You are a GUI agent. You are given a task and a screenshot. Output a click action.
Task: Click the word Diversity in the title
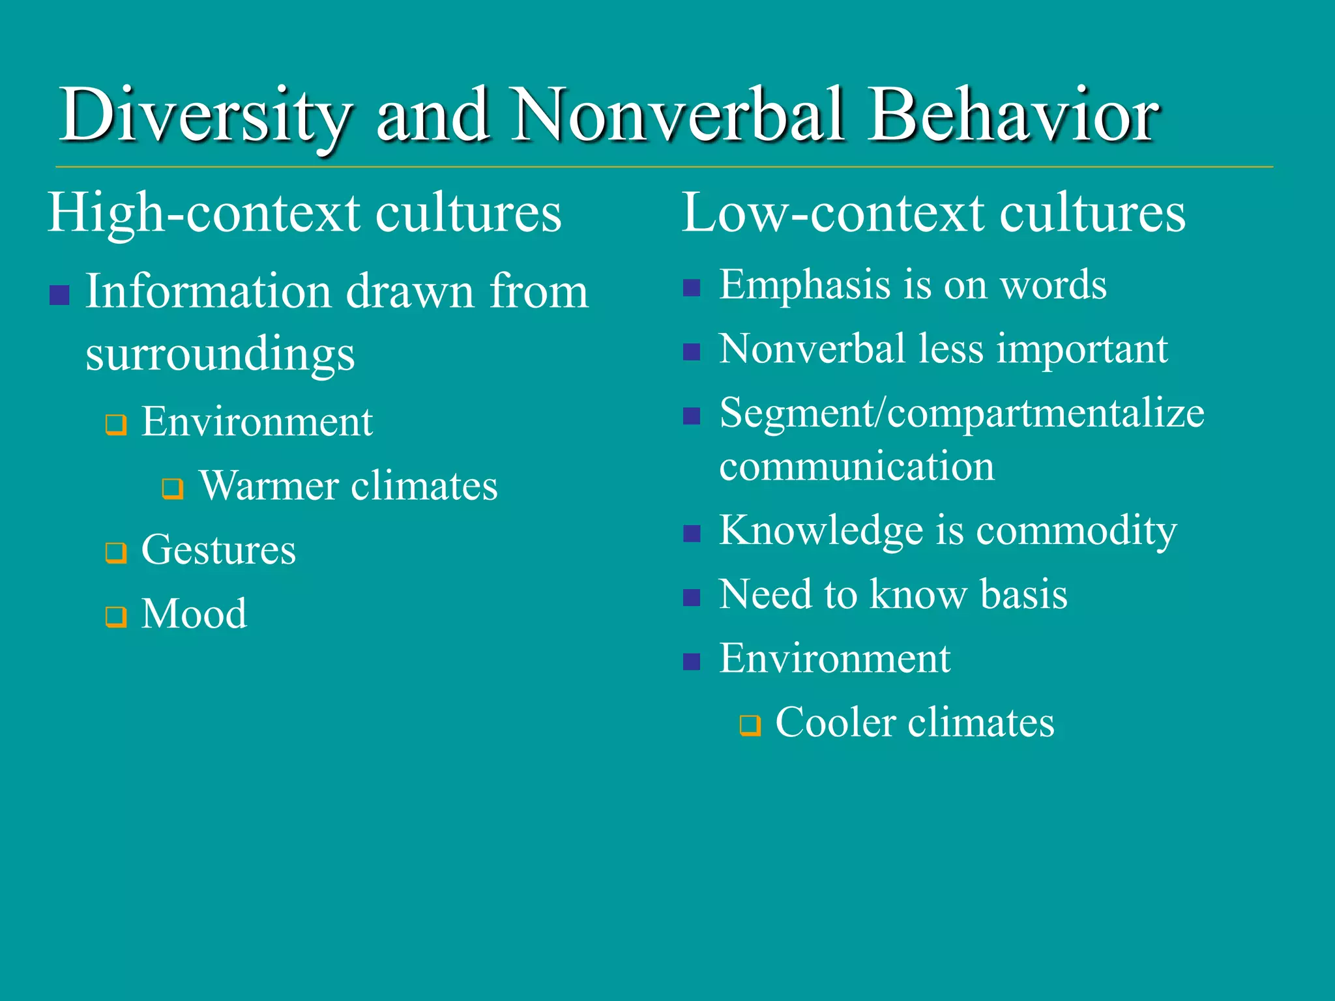[205, 116]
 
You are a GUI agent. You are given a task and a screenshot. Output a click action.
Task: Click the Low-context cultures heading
[933, 214]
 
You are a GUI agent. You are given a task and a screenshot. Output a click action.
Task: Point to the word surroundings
[220, 355]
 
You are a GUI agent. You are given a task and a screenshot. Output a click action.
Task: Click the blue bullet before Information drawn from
[59, 295]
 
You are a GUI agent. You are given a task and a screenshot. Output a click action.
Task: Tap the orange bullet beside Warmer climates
[173, 488]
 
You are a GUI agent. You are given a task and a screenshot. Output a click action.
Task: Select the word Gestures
[218, 550]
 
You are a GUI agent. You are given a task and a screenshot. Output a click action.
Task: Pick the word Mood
[194, 614]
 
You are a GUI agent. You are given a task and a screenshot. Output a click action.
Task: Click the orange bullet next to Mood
[116, 617]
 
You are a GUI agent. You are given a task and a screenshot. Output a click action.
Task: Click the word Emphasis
[804, 285]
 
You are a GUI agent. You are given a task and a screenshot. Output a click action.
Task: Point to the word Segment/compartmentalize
[961, 414]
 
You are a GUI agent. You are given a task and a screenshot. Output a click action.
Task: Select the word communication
[857, 467]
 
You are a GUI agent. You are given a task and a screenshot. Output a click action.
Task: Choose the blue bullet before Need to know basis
[692, 598]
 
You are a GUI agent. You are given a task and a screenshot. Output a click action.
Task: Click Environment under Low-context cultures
[834, 658]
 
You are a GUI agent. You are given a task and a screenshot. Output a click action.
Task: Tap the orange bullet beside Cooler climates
[750, 725]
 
